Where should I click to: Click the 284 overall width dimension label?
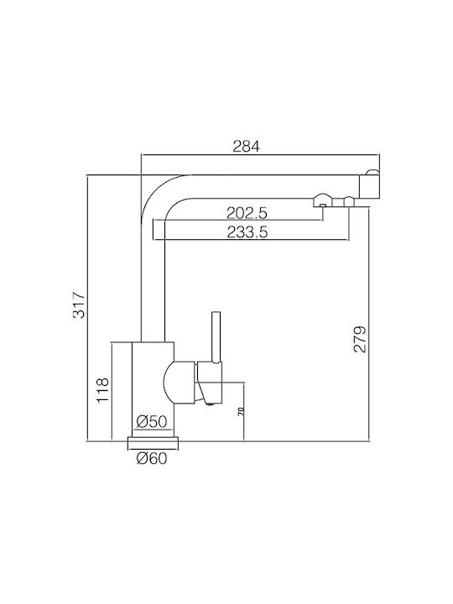coord(247,146)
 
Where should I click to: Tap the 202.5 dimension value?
coord(247,212)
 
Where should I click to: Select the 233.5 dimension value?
coord(247,232)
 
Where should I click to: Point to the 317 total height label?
coord(80,305)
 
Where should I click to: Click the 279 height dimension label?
coord(361,340)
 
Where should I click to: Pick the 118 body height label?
coord(103,390)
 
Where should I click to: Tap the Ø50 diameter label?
coord(152,422)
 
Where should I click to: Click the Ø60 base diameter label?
coord(152,458)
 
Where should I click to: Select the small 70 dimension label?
coord(241,411)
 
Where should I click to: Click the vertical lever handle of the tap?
coord(216,337)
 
